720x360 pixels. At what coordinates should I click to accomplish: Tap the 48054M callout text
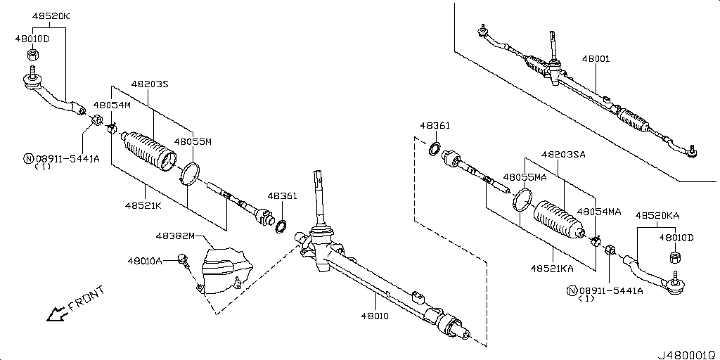112,105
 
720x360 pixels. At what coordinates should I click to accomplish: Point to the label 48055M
193,141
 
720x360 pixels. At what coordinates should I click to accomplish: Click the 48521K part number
143,206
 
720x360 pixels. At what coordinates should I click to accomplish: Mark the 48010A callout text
145,261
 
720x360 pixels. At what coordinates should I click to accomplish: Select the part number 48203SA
563,154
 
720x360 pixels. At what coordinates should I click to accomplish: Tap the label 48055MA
525,177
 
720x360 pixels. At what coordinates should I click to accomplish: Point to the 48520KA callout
658,215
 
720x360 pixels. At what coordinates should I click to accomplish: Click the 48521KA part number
552,269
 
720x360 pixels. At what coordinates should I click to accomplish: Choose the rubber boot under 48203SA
559,219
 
